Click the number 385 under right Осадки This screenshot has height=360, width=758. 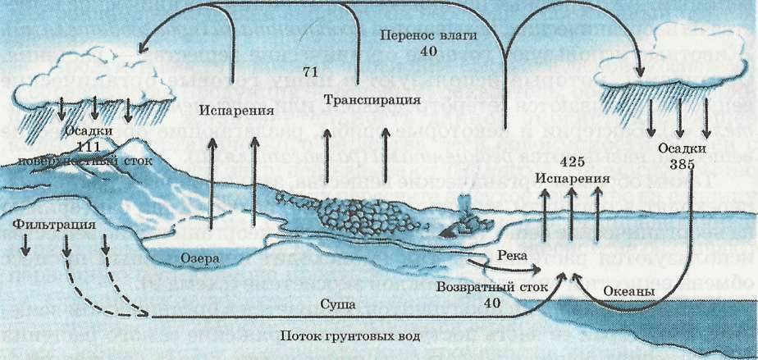coord(681,164)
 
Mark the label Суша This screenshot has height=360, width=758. coord(338,304)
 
